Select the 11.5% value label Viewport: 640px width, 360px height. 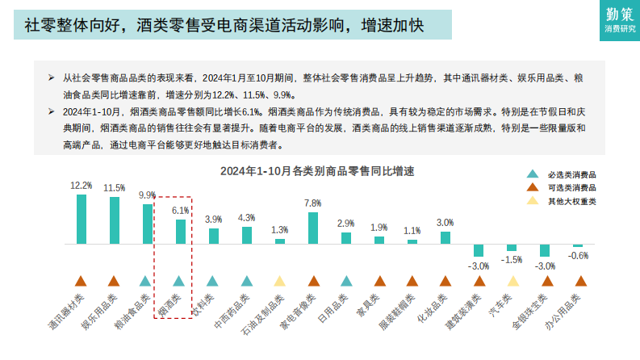click(114, 187)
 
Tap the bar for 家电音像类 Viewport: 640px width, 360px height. click(313, 228)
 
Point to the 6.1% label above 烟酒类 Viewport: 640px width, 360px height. click(180, 210)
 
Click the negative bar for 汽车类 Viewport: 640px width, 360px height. click(512, 248)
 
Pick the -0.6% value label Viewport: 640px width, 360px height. click(578, 255)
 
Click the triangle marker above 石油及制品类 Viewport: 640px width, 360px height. click(279, 281)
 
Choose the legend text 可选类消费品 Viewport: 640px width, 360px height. click(572, 188)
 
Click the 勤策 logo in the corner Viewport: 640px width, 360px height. click(620, 20)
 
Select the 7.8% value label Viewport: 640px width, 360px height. click(313, 203)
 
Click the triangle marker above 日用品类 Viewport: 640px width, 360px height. click(346, 281)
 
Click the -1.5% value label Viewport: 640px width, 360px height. click(512, 260)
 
